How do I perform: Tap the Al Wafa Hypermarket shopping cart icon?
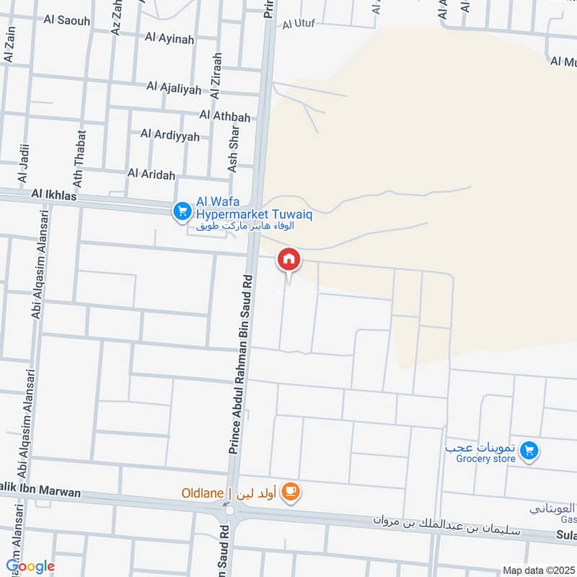click(x=181, y=211)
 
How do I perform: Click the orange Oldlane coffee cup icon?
click(x=291, y=493)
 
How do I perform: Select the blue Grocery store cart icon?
click(x=529, y=451)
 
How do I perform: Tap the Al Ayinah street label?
click(x=169, y=39)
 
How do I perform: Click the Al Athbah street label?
click(x=225, y=115)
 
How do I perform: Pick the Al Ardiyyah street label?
click(x=169, y=134)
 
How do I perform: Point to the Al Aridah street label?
click(x=151, y=173)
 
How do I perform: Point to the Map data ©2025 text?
click(x=537, y=570)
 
